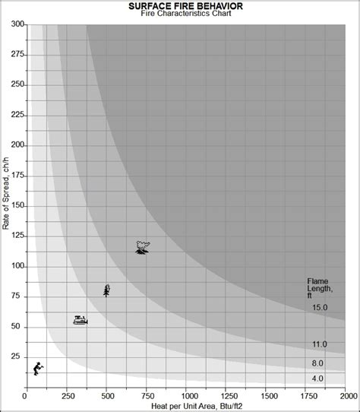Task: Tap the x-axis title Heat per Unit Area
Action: click(186, 407)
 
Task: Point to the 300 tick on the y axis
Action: click(16, 24)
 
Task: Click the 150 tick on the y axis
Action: click(16, 206)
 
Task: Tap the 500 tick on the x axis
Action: click(106, 397)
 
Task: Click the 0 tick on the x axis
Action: click(26, 397)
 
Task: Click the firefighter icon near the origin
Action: click(37, 369)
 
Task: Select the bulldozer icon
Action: click(80, 321)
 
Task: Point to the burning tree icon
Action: click(106, 290)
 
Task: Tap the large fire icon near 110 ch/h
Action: click(142, 247)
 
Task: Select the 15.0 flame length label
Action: click(319, 307)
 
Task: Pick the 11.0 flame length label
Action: click(319, 344)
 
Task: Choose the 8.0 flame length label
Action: click(317, 363)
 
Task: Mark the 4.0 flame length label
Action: click(317, 378)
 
